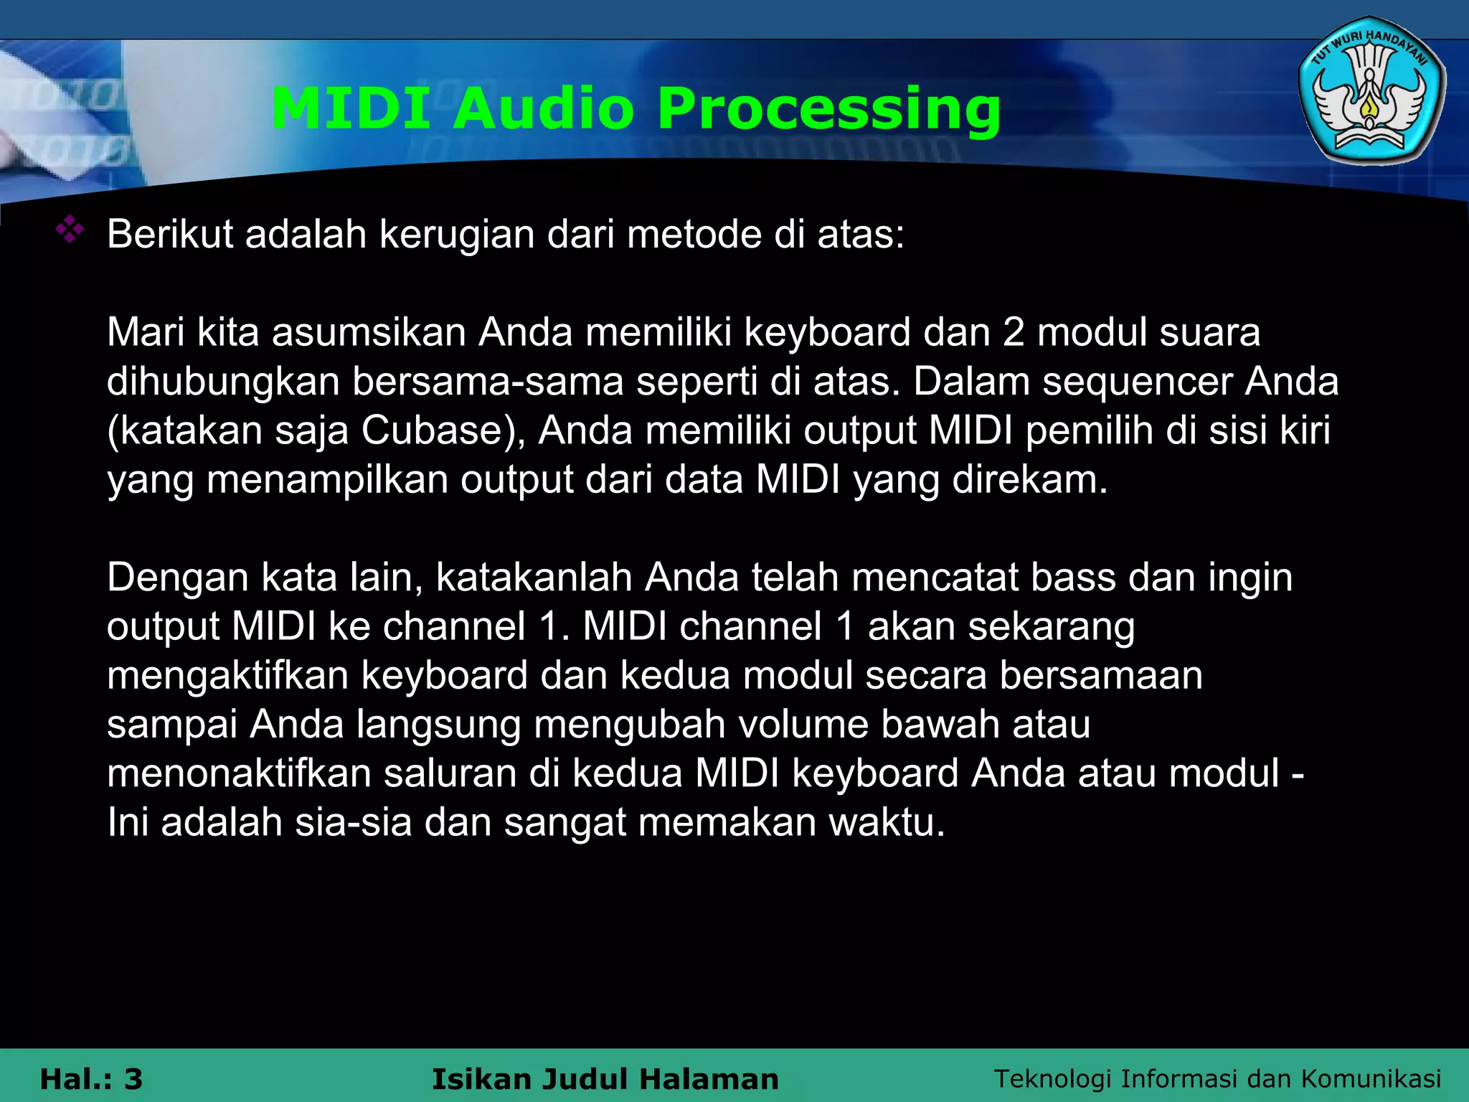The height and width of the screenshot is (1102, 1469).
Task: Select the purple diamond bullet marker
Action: click(x=70, y=230)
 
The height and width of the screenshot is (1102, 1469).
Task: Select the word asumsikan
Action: click(x=369, y=332)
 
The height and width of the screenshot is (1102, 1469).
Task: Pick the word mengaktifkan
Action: click(x=227, y=676)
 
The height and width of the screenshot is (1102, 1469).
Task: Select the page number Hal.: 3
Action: click(x=91, y=1079)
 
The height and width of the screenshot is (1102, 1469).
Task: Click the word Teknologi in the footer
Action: click(x=1052, y=1078)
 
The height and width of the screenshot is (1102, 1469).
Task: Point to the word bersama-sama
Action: click(x=487, y=381)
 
